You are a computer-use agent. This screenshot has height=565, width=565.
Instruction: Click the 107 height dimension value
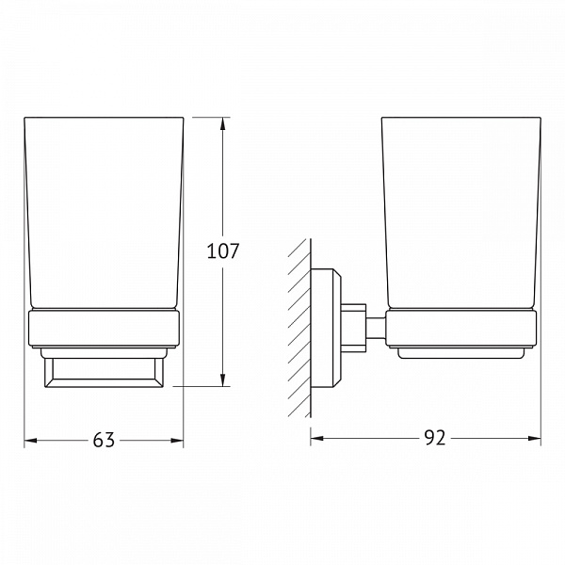pyautogui.click(x=223, y=251)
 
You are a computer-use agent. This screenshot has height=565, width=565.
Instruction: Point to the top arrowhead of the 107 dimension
pyautogui.click(x=223, y=123)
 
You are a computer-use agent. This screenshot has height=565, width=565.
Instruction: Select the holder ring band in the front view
pyautogui.click(x=104, y=329)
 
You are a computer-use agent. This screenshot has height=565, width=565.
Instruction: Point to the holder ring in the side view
pyautogui.click(x=461, y=329)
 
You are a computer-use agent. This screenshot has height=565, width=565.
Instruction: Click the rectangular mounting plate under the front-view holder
pyautogui.click(x=104, y=371)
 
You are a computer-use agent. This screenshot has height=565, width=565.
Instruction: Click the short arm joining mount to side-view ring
pyautogui.click(x=374, y=327)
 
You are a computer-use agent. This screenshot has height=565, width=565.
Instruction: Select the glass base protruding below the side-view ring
pyautogui.click(x=461, y=354)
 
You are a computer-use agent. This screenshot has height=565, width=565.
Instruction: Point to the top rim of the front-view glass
pyautogui.click(x=104, y=118)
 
